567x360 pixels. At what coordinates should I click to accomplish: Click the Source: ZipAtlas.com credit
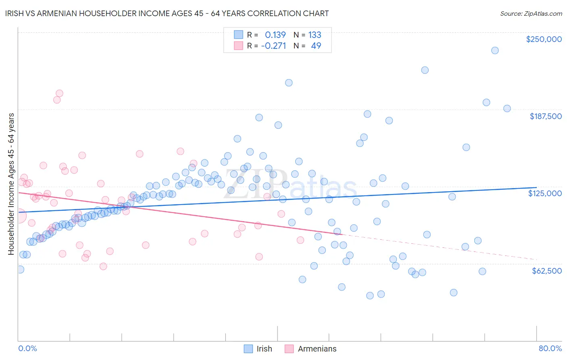(531, 13)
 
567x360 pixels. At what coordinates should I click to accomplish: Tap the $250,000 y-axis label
(544, 39)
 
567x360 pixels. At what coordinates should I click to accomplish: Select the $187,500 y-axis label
(545, 116)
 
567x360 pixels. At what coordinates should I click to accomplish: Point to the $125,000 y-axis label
(545, 193)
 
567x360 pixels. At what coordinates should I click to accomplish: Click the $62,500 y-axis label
(546, 271)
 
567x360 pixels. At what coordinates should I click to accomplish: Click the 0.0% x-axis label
(27, 348)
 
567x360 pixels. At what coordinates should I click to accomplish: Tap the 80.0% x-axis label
(550, 348)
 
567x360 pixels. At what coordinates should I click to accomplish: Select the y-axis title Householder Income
(11, 184)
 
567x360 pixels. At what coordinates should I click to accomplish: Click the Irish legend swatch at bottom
(248, 349)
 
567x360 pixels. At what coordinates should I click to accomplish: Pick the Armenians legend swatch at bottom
(289, 349)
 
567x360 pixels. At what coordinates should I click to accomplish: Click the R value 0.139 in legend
(275, 35)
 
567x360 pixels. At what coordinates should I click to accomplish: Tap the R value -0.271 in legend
(273, 46)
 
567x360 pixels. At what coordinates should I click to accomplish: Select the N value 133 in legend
(315, 35)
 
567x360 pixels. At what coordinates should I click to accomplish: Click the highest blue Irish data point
(495, 50)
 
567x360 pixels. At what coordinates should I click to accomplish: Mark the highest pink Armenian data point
(59, 93)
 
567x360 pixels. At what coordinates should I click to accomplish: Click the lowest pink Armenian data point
(103, 266)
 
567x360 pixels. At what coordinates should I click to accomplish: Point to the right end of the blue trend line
(536, 188)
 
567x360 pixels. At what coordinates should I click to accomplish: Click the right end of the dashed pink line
(536, 260)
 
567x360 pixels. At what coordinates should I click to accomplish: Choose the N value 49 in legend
(316, 46)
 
